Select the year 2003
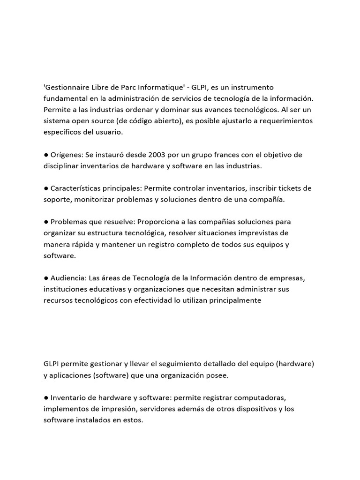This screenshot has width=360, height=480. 157,155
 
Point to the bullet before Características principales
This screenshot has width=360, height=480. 46,188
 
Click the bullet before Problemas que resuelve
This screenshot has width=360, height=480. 46,222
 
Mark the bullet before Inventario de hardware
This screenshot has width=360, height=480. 46,397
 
